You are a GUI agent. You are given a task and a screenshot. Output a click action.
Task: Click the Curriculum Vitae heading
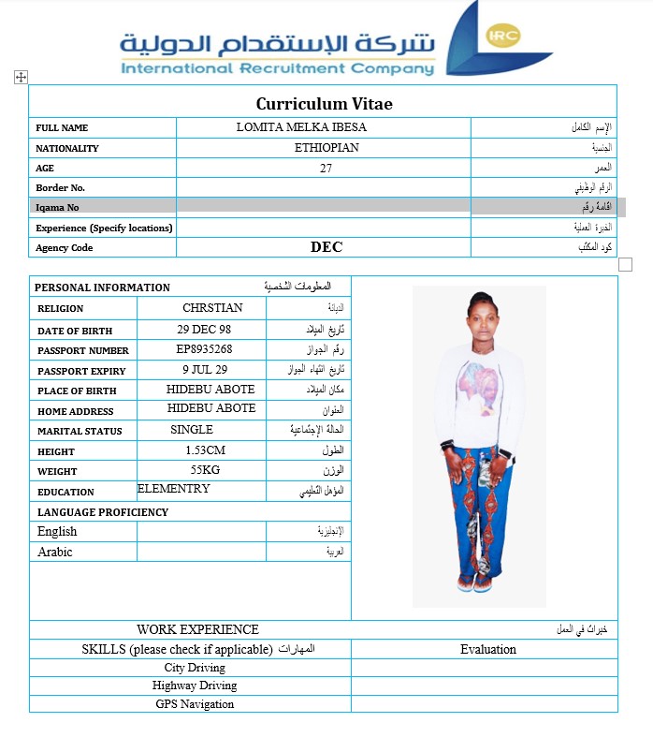[x=324, y=104]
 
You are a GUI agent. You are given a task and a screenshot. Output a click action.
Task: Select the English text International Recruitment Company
[x=278, y=68]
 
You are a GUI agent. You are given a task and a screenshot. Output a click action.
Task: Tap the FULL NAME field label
[x=62, y=128]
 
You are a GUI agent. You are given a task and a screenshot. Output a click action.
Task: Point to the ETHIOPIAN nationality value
[x=326, y=148]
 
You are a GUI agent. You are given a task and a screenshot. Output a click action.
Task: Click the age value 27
[x=326, y=169]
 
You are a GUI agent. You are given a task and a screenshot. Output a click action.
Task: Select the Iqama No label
[x=57, y=208]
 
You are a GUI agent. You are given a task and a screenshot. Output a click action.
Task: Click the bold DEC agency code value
[x=326, y=248]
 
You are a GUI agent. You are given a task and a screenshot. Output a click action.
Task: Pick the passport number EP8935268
[x=204, y=350]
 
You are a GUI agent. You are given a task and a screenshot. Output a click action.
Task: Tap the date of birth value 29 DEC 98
[x=204, y=330]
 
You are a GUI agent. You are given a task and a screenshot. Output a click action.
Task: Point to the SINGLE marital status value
[x=192, y=430]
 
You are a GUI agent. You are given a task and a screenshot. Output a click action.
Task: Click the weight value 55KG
[x=205, y=470]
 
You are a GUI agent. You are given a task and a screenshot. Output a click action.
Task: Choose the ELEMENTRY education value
[x=174, y=489]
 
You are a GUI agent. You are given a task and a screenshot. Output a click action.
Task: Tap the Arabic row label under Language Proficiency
[x=55, y=552]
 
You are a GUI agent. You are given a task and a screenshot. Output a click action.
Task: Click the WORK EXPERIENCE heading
[x=197, y=629]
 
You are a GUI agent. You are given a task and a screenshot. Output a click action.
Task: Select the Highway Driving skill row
[x=195, y=686]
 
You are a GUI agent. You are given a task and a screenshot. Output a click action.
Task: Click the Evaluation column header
[x=487, y=649]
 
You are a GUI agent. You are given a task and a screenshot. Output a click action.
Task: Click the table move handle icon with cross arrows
[x=21, y=78]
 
